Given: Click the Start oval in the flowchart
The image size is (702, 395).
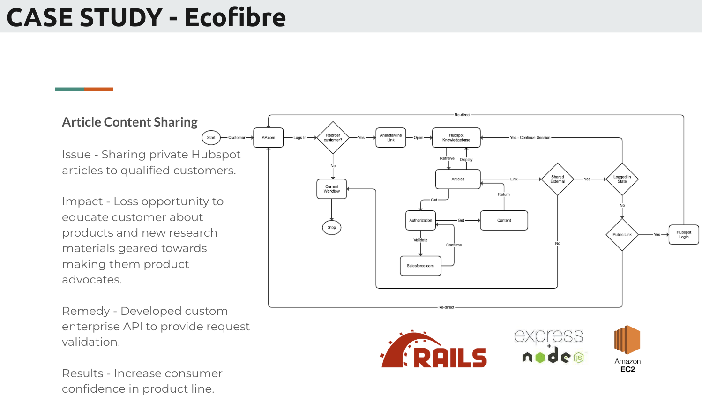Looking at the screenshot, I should click(x=211, y=138).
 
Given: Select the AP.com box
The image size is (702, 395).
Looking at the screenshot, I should click(x=269, y=138).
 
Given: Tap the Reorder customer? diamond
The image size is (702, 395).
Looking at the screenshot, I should click(x=333, y=138).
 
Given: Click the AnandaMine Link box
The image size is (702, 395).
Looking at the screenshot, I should click(x=390, y=138).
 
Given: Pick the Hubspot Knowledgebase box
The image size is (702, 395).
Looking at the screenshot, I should click(x=456, y=138).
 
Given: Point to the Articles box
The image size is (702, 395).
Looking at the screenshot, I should click(x=458, y=179).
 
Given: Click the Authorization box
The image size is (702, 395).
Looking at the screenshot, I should click(x=420, y=220).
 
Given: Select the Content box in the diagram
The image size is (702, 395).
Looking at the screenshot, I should click(x=504, y=220).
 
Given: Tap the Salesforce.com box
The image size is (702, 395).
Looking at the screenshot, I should click(x=420, y=266).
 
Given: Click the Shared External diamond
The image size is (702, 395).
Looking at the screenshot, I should click(x=557, y=179).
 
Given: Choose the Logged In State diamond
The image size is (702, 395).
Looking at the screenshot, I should click(x=622, y=179).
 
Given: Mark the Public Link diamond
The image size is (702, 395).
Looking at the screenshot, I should click(x=622, y=234).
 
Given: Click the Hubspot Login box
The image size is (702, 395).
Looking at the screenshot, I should click(x=684, y=234).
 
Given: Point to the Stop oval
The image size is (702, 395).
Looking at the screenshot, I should click(x=332, y=228).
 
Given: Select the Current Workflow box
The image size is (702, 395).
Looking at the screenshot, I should click(x=332, y=189).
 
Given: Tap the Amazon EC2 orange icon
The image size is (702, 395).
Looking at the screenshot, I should click(x=627, y=340).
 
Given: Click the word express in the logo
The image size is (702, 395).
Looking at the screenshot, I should click(x=548, y=336).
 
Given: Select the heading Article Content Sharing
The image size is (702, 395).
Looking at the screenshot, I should click(x=130, y=122).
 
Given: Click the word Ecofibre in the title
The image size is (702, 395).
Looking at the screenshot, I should click(x=235, y=17).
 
